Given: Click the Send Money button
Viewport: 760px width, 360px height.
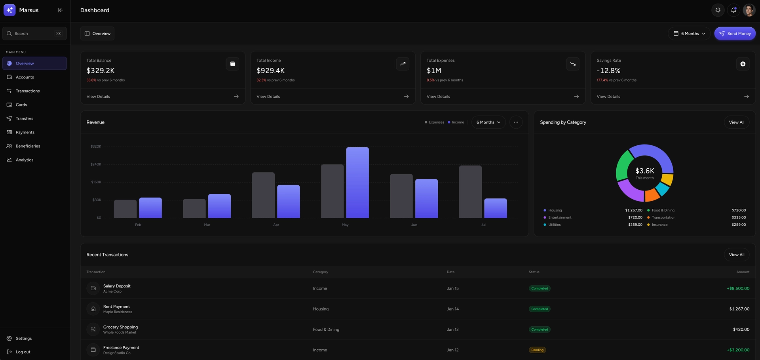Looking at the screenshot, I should tap(735, 34).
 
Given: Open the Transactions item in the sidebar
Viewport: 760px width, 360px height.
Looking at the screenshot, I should tap(28, 91).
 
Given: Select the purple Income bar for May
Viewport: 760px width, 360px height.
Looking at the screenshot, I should tap(357, 183).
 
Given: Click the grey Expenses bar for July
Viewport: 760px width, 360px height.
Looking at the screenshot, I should tap(470, 192).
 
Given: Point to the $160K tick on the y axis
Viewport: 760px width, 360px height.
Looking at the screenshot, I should tap(96, 182).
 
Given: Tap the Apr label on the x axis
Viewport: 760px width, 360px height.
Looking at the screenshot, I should tap(276, 225).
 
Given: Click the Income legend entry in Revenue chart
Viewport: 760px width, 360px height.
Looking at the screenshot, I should tap(456, 122).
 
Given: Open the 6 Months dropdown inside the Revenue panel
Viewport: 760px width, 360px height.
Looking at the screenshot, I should tap(488, 122).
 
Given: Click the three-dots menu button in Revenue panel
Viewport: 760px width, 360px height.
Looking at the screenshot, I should tap(516, 122).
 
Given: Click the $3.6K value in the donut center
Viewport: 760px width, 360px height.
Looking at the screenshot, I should tap(644, 171).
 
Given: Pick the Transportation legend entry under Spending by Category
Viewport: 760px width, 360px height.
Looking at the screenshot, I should tap(663, 217).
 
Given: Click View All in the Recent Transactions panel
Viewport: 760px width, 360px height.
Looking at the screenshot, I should tap(736, 255).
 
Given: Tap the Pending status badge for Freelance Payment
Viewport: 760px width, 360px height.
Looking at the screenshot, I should tap(537, 350).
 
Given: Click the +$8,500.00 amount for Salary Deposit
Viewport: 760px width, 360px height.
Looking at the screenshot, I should tap(738, 288).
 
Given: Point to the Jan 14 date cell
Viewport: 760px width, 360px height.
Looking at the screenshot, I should tap(452, 309).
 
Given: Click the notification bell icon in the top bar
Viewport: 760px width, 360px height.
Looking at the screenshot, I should tap(733, 10).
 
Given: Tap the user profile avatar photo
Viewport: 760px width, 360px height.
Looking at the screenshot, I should tap(749, 10).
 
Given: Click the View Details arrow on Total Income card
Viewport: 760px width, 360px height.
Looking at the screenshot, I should tap(406, 97).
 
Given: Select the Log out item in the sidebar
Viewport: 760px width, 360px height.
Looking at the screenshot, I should tap(23, 352).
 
